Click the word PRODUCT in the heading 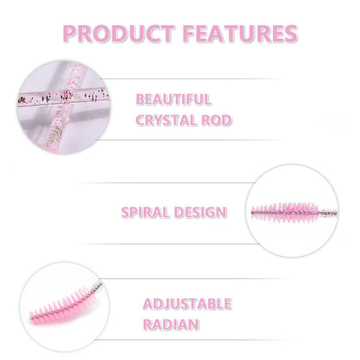119,33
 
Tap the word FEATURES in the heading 240,33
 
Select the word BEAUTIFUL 174,99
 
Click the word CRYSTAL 166,120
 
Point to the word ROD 217,120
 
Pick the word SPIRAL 145,212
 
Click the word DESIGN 200,212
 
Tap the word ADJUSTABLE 187,304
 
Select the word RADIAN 171,325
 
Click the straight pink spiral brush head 285,212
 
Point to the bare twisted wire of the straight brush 328,213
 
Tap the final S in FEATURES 290,34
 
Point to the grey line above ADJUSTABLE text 194,279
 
